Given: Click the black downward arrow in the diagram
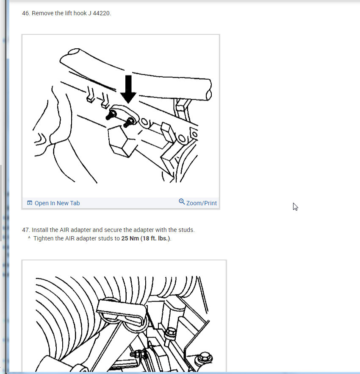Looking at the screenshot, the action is coord(128,89).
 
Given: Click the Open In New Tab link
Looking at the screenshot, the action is coord(57,203).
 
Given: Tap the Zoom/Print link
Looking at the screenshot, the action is coord(202,203).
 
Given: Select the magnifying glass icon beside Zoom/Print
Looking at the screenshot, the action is coord(182,202).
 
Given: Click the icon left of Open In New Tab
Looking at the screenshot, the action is coord(30,203).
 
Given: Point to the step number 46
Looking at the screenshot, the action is coord(26,14).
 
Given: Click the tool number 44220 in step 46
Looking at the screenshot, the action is coord(102,14).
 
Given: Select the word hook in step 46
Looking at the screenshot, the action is coord(80,14).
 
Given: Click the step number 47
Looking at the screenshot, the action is coord(26,230).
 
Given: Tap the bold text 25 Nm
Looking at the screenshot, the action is coord(130,238).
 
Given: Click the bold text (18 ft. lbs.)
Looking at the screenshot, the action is coord(155,238).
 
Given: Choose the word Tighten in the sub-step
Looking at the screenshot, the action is coord(43,238).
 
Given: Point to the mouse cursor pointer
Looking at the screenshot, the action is coord(296,207).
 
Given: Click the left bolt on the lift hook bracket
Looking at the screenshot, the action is coord(111,115).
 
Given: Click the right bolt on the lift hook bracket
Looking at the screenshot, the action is coord(129,123).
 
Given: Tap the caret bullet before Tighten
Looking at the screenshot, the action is coord(29,238).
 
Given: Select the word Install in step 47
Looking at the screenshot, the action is coord(40,230).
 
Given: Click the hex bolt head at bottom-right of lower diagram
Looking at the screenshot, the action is coord(204,358).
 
